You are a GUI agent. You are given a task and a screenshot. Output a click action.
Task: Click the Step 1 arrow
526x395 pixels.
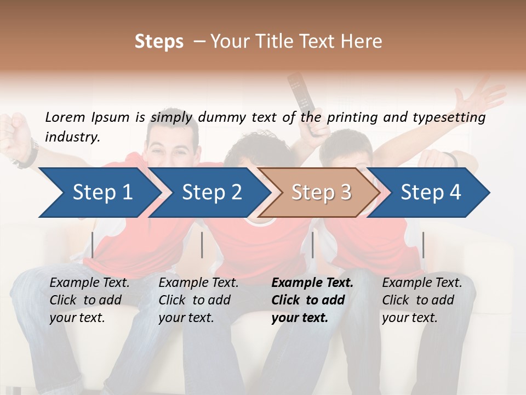(x=99, y=192)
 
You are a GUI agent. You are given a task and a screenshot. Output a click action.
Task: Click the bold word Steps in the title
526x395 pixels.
(x=159, y=41)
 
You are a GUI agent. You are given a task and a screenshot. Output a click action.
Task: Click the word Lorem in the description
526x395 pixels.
(x=65, y=117)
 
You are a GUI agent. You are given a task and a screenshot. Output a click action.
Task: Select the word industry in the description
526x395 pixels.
(x=71, y=137)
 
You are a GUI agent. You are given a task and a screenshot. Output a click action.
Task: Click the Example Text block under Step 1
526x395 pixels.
(x=89, y=300)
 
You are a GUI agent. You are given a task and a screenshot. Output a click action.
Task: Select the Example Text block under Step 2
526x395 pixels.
(x=198, y=300)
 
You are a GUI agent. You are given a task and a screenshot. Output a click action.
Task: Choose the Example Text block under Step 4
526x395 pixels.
(x=422, y=300)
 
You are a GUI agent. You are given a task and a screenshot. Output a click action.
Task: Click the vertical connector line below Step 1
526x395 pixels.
(x=93, y=245)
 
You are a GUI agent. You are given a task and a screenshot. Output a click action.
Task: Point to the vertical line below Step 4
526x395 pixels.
(x=424, y=245)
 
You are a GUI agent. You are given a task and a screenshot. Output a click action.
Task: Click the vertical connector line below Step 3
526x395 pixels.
(x=312, y=245)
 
